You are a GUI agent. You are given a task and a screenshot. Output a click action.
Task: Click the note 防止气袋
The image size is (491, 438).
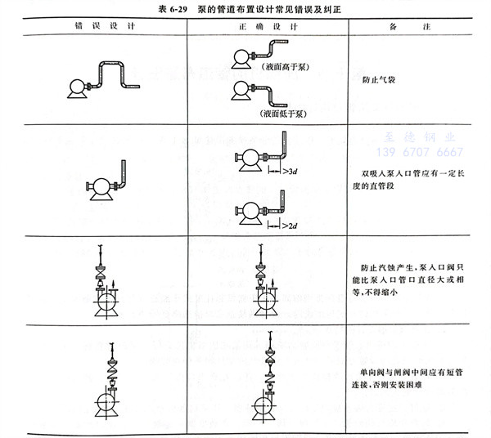click(379, 82)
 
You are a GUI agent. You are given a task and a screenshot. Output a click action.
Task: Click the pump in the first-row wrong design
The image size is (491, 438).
click(76, 87)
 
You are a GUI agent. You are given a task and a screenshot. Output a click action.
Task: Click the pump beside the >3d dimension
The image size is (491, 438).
click(246, 158)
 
